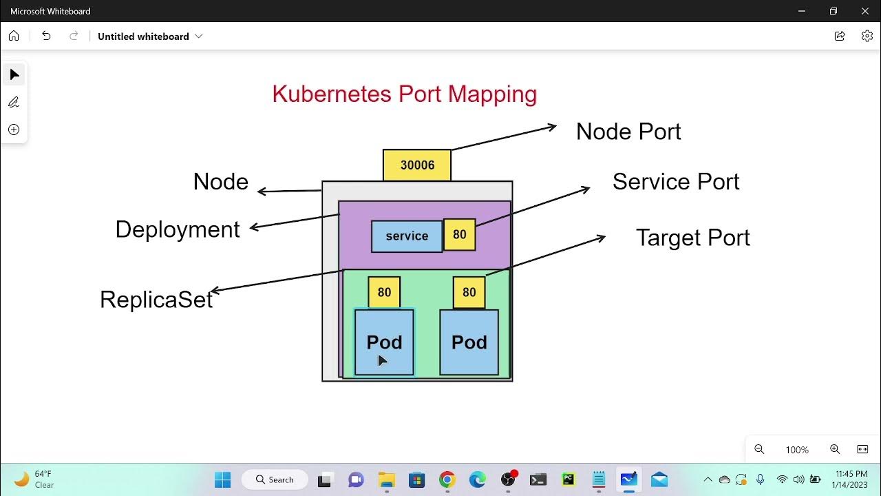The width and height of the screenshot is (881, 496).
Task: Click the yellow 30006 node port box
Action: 417,165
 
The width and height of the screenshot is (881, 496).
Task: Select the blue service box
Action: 407,236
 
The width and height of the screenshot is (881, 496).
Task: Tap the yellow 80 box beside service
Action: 459,235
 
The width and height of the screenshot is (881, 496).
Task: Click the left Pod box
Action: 384,342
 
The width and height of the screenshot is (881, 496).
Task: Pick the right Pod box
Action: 469,342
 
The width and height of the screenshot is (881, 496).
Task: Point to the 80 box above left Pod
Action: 384,293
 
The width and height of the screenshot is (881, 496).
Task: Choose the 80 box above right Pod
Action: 469,293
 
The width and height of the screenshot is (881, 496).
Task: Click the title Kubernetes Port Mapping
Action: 404,94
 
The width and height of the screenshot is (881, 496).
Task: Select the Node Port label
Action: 628,132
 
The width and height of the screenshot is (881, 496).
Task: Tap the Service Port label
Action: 675,182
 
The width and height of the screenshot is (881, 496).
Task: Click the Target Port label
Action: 692,238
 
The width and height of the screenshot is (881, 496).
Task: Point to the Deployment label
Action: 177,229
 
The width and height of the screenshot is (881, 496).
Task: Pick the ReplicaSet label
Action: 156,300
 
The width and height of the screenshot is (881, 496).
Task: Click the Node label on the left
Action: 220,182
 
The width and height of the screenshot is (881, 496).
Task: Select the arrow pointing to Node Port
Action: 504,137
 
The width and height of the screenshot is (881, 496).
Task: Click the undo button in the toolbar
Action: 46,36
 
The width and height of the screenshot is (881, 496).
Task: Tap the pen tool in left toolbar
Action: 14,102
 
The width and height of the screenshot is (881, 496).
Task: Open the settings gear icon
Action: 867,36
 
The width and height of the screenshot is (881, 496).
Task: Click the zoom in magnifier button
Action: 834,449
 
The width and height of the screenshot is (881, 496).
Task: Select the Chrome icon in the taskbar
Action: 447,479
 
